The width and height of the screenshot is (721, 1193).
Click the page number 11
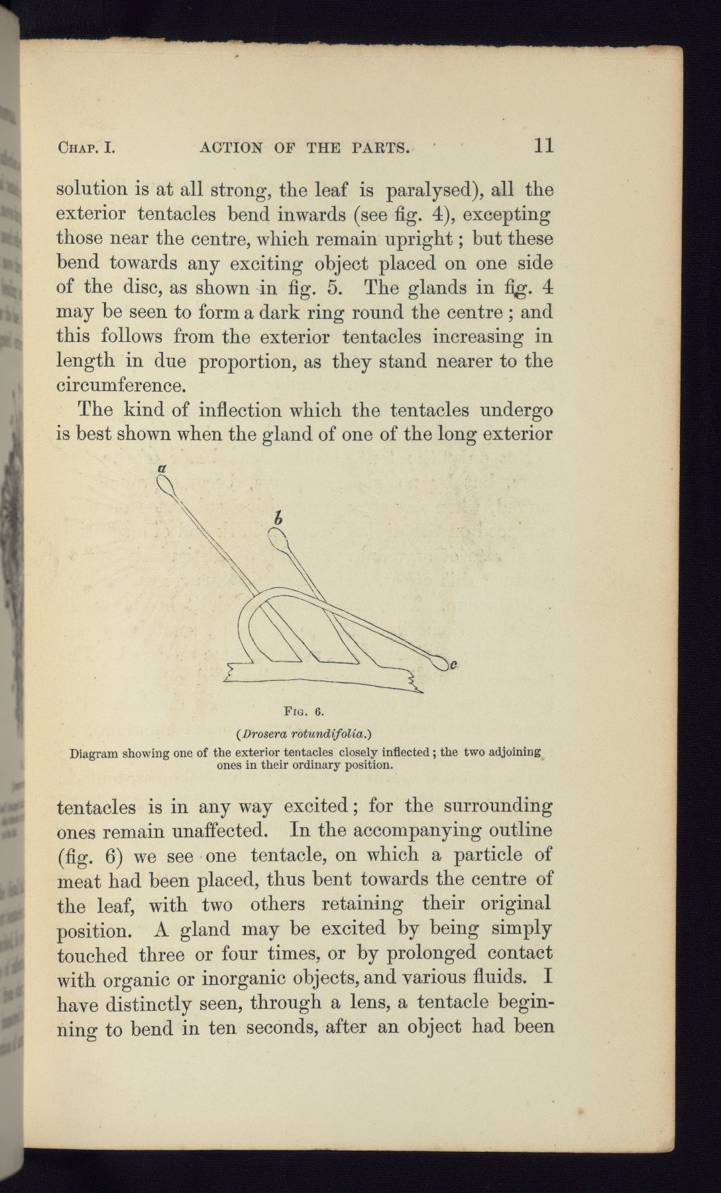click(x=543, y=145)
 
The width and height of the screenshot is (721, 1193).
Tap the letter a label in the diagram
click(x=160, y=468)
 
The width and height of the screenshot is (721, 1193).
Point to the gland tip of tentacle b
click(x=278, y=537)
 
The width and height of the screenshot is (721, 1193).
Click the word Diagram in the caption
click(x=93, y=753)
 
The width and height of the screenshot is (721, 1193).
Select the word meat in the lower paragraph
click(x=79, y=881)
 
